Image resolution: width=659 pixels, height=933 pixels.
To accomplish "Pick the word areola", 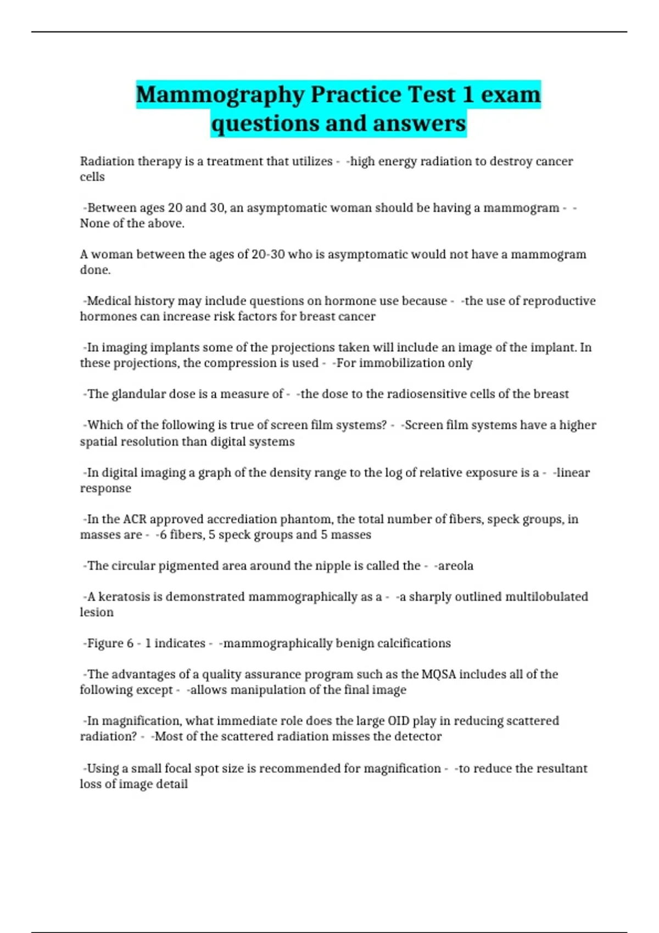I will point(456,566).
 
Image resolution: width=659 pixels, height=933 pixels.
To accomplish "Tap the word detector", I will point(418,737).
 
